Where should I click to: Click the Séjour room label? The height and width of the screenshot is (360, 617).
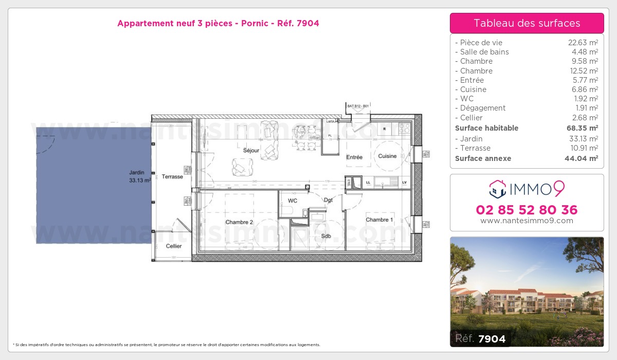251,151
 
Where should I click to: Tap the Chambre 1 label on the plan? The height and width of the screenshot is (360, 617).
379,220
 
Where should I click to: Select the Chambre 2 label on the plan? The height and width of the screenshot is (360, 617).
239,222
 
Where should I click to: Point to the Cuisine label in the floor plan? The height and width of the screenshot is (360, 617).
387,156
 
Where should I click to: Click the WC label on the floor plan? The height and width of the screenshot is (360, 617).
293,201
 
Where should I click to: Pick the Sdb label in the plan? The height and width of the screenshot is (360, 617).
326,236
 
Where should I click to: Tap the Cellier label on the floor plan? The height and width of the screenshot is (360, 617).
174,246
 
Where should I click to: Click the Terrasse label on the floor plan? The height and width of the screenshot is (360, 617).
172,176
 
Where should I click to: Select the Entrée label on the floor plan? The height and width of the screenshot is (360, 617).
354,157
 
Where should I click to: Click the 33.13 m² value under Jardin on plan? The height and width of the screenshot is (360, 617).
140,181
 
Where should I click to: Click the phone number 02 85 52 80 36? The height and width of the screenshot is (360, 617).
527,210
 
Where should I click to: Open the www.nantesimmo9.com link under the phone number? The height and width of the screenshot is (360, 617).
527,221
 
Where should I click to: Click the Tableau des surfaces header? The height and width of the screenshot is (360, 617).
527,23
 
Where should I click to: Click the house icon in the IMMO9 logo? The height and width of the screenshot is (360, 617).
497,189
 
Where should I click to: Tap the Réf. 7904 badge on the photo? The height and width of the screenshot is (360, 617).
480,338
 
